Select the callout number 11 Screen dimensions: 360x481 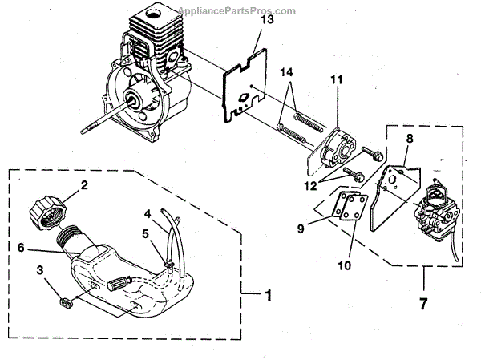coord(335,79)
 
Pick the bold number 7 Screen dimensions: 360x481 coord(422,305)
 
